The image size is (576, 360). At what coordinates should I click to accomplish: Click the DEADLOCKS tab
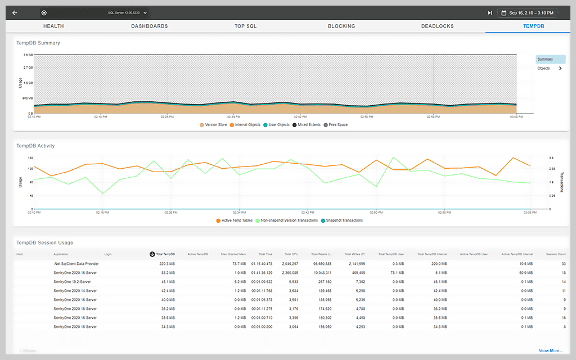(437, 26)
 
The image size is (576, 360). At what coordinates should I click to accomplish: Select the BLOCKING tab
(341, 26)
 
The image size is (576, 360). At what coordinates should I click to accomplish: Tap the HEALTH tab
(53, 26)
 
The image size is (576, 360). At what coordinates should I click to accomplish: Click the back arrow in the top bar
(15, 12)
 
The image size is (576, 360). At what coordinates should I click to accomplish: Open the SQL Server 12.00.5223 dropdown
(128, 12)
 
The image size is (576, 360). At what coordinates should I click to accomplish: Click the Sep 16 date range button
(529, 12)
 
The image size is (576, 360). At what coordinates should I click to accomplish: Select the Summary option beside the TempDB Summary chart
(550, 59)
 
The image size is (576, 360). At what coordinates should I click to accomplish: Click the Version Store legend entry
(213, 124)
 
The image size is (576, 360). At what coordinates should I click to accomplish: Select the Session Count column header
(556, 254)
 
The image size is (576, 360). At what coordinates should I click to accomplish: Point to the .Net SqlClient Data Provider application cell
(76, 263)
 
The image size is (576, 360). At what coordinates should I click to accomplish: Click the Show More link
(550, 350)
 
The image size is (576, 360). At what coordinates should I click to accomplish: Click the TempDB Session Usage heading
(44, 242)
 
